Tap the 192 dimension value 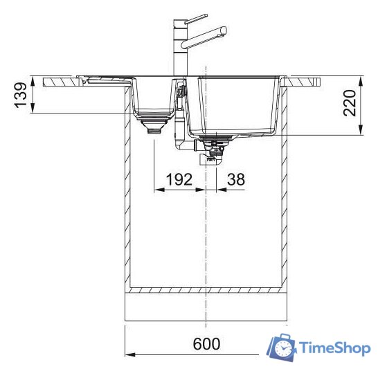point(178,181)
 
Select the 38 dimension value point(235,181)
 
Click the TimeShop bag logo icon point(282,348)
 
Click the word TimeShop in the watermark point(334,349)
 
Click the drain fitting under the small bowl point(153,126)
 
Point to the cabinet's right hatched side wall point(285,208)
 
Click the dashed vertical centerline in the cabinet point(206,235)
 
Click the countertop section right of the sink point(305,80)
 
